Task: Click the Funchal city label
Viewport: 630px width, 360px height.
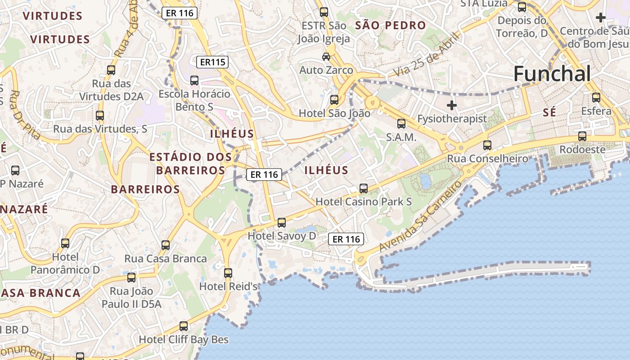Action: coord(552,74)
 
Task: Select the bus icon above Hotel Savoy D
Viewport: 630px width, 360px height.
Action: coord(282,222)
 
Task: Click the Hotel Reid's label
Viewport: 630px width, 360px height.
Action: coord(228,286)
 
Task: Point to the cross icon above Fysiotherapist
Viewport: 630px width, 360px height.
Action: coord(452,105)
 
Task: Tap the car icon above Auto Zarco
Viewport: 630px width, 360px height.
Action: coord(326,57)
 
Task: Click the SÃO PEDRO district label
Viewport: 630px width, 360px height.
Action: coord(390,26)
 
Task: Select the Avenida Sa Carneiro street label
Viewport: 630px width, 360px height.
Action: coord(420,216)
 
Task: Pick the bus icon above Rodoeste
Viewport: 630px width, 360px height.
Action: coord(582,136)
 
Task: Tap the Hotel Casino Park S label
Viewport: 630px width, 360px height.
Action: coord(364,202)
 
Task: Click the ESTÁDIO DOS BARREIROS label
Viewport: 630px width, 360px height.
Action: coord(191,163)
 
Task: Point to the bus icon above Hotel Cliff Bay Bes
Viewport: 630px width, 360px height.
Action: coord(184,326)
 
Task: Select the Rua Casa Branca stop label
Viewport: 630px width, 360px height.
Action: coord(166,259)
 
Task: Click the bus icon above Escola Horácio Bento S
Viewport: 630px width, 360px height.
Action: coord(194,81)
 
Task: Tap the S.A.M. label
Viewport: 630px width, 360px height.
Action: coord(401,137)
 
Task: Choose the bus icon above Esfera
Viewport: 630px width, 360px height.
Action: coord(596,97)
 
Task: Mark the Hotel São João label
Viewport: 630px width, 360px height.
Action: coord(334,113)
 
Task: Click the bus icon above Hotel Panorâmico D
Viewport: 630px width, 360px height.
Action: coord(65,243)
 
